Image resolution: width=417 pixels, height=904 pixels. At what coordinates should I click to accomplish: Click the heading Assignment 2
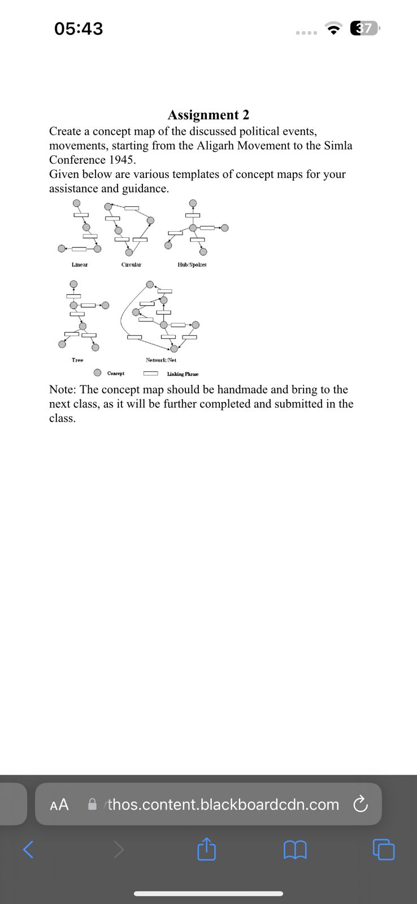click(208, 115)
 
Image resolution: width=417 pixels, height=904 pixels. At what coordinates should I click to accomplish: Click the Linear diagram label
click(80, 265)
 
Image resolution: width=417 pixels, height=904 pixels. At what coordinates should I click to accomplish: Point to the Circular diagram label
click(131, 265)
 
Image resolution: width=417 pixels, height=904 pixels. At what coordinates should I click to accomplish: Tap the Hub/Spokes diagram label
click(192, 265)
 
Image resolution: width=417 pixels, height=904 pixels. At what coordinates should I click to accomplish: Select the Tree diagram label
click(77, 360)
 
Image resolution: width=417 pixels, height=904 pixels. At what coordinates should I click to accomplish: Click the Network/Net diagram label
click(161, 360)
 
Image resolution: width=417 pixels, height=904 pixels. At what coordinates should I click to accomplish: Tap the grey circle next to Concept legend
click(98, 373)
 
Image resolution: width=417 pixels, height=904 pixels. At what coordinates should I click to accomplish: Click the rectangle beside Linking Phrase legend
click(150, 373)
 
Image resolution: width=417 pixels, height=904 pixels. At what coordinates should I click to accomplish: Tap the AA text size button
click(59, 805)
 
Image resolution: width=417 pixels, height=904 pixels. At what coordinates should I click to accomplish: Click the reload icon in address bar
click(360, 804)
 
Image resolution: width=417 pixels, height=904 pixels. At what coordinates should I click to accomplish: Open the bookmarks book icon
click(295, 849)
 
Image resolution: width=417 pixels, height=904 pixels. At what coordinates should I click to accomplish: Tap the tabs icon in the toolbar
click(384, 849)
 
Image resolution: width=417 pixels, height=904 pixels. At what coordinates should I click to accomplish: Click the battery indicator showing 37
click(365, 28)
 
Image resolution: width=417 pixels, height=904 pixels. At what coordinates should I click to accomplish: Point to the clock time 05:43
click(79, 28)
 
